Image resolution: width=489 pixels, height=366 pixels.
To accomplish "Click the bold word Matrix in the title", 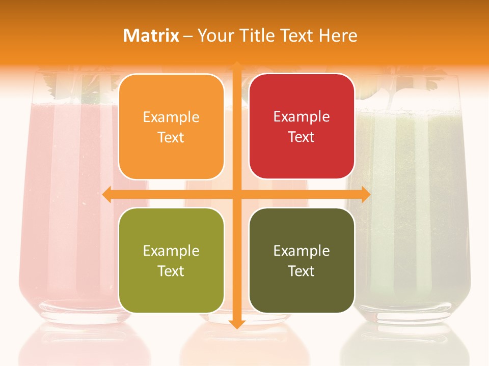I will pyautogui.click(x=151, y=36).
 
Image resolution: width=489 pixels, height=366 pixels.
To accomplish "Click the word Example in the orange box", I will pyautogui.click(x=171, y=117).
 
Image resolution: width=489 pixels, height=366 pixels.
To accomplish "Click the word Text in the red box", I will pyautogui.click(x=302, y=137).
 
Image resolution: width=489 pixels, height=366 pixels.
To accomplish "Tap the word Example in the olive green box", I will pyautogui.click(x=171, y=251).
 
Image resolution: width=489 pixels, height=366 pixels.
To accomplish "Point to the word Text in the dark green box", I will pyautogui.click(x=302, y=271).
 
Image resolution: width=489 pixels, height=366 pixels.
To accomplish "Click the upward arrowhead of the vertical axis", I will pyautogui.click(x=236, y=66).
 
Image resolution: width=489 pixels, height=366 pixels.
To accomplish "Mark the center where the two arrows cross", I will pyautogui.click(x=236, y=194).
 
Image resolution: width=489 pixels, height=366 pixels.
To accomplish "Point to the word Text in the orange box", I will pyautogui.click(x=171, y=137).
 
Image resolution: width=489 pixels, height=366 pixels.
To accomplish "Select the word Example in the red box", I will pyautogui.click(x=302, y=117).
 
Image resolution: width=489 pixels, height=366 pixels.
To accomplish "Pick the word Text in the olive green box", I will pyautogui.click(x=171, y=271).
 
